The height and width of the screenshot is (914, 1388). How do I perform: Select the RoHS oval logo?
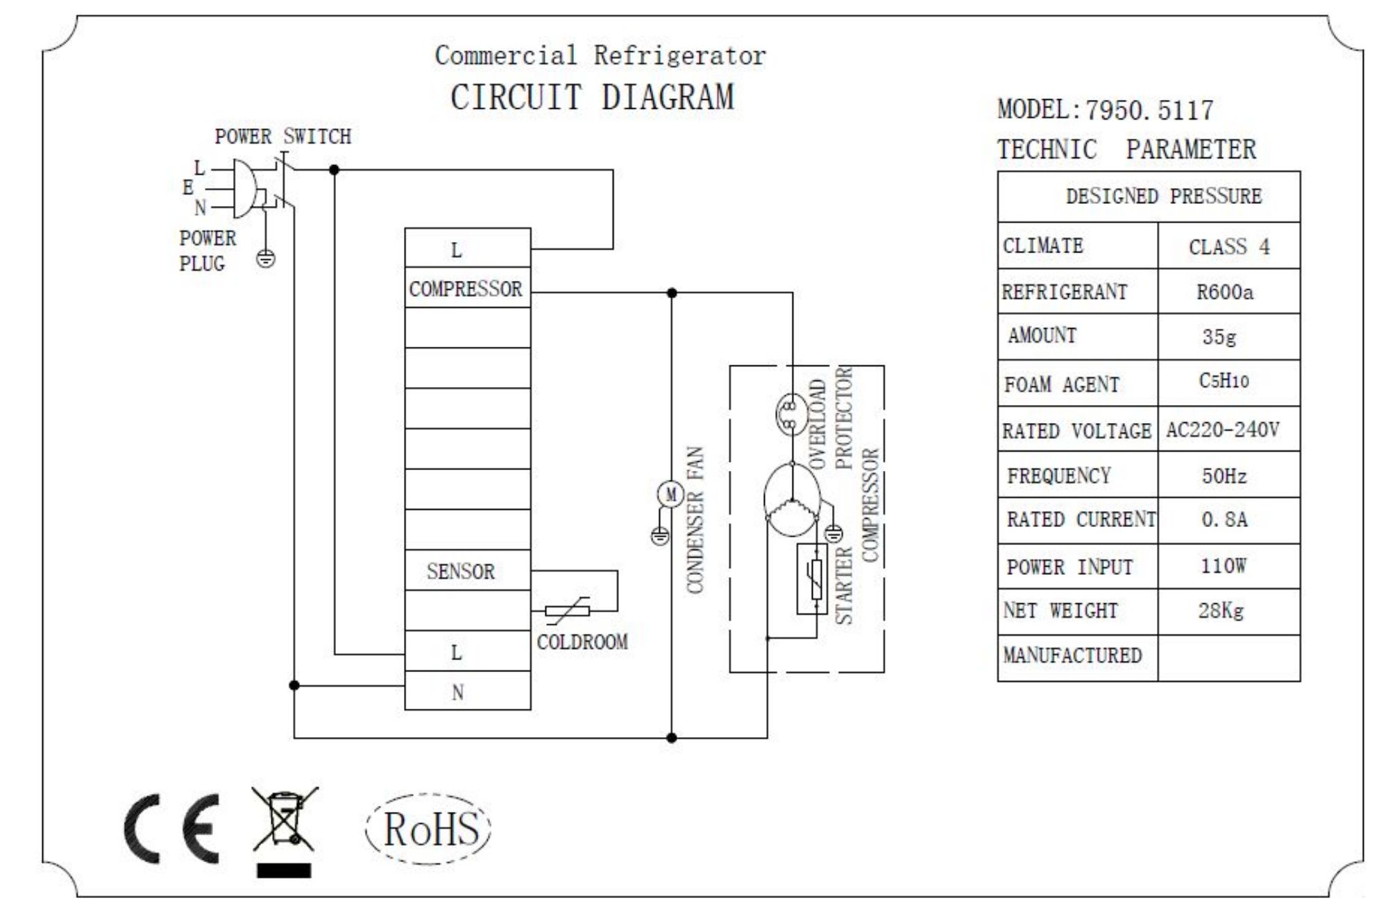(x=429, y=829)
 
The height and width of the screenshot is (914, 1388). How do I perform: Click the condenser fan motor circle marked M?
(x=670, y=494)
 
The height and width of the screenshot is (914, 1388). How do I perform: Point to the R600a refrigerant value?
(x=1225, y=292)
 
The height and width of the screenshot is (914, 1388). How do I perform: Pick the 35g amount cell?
(x=1219, y=337)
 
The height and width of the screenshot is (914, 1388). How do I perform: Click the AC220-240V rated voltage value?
(x=1223, y=430)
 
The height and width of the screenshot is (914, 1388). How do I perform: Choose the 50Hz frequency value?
(x=1224, y=476)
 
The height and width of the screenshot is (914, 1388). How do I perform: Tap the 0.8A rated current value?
(x=1224, y=519)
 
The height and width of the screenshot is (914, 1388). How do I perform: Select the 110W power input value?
(x=1224, y=566)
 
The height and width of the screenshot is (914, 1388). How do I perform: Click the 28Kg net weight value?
(x=1221, y=611)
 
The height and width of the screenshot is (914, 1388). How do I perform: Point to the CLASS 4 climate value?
(x=1229, y=247)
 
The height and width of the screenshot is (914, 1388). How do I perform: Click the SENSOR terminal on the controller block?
(x=461, y=571)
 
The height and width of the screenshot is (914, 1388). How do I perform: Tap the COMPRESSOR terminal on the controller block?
(x=466, y=288)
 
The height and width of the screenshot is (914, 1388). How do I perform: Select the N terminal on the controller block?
(x=457, y=692)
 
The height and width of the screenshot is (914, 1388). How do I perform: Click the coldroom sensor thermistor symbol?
(x=568, y=610)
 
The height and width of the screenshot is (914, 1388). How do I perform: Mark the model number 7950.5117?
(x=1149, y=110)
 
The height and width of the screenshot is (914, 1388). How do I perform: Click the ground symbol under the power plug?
(x=266, y=259)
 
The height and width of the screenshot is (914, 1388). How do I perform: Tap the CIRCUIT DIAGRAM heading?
(x=592, y=97)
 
